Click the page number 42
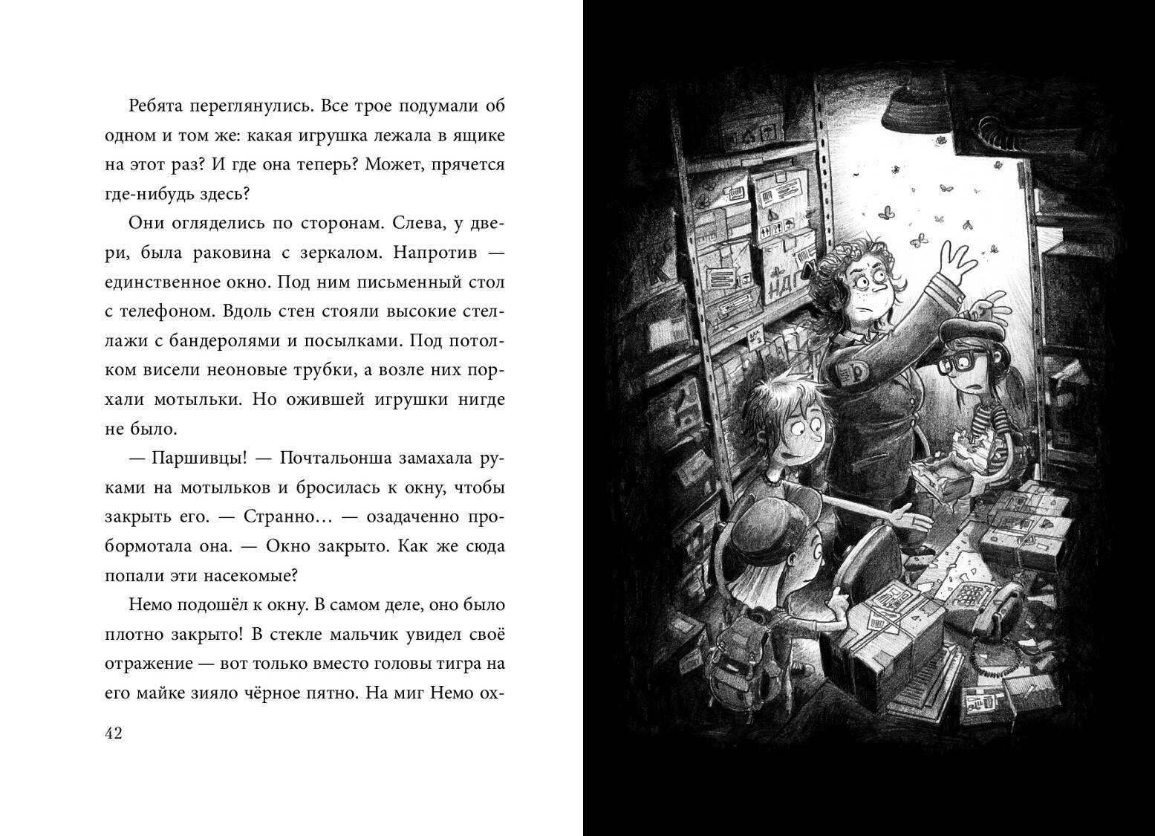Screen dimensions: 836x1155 (x=114, y=733)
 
